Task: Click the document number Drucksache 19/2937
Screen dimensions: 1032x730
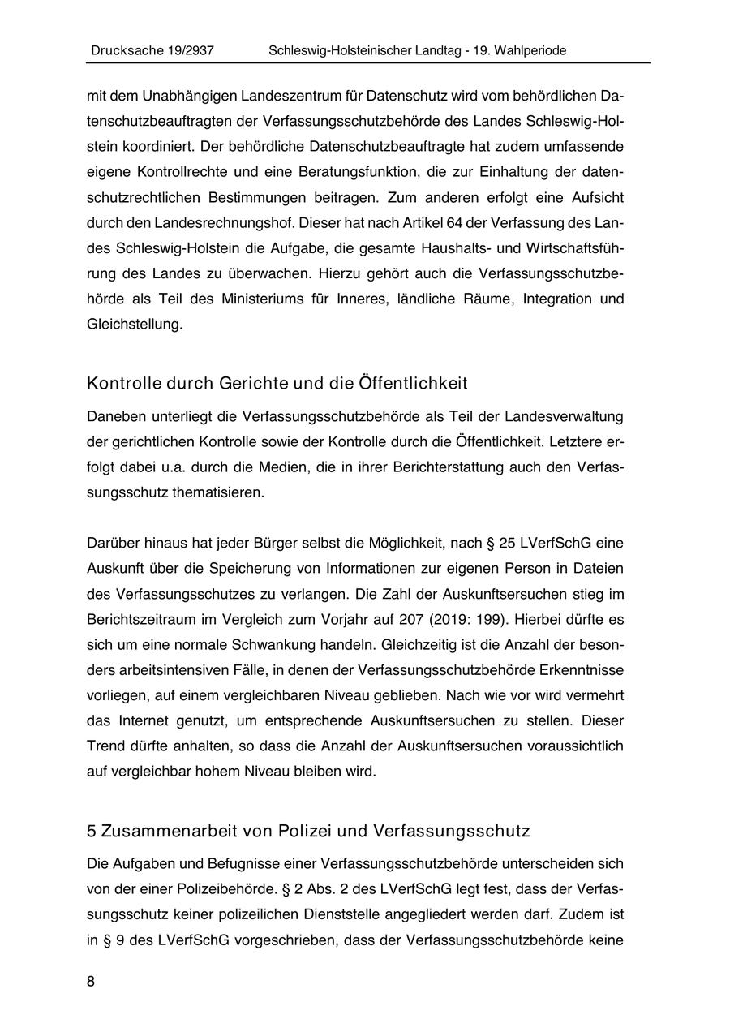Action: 152,50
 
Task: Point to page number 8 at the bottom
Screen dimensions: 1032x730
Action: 91,982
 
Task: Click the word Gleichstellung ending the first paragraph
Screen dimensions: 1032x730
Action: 134,324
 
